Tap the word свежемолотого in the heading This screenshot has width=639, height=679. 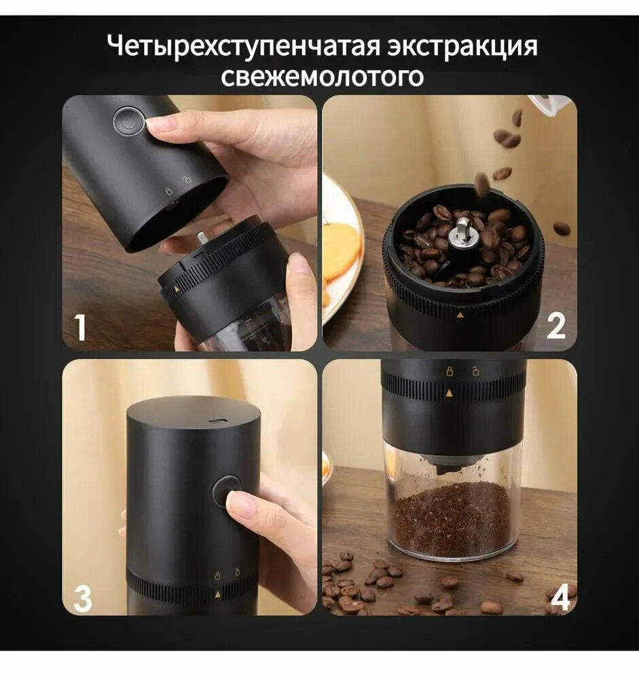(x=322, y=77)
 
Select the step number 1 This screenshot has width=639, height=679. (x=80, y=327)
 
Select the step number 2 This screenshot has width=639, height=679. (x=556, y=327)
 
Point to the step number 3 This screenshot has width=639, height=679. (x=82, y=599)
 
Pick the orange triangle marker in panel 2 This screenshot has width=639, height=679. (x=460, y=315)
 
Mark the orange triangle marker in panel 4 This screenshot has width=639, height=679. (x=449, y=393)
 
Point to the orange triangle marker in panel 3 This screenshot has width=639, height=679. (x=217, y=595)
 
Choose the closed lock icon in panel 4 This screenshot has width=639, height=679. (x=450, y=371)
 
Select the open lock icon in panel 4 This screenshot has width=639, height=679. (x=475, y=371)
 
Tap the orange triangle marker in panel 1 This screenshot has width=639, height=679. (x=177, y=287)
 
